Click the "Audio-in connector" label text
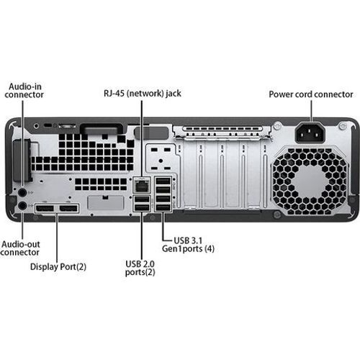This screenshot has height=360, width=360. coord(25,90)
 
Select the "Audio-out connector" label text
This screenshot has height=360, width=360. coord(20,248)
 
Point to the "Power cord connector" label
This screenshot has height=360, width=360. coord(310,94)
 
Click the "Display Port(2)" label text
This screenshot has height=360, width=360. coord(58,266)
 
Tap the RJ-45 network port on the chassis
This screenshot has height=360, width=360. coord(141,184)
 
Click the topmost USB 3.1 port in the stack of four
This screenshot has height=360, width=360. coord(163,180)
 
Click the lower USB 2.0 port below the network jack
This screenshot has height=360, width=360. coord(141,210)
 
